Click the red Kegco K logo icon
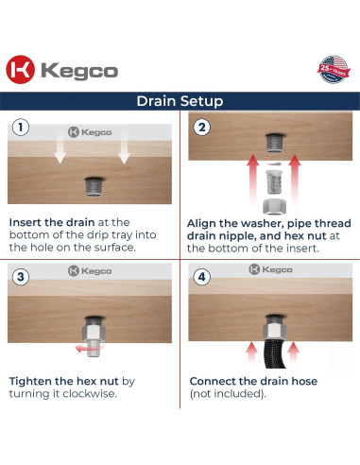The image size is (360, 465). click(21, 70)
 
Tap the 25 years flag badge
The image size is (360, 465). click(334, 70)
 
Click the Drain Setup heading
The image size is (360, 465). click(180, 101)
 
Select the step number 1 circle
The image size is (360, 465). click(21, 128)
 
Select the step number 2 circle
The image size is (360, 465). click(201, 128)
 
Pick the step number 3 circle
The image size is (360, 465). click(21, 277)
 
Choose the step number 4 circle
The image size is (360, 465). click(201, 277)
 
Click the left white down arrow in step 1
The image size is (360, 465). click(60, 147)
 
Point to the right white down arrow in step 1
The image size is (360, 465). click(124, 147)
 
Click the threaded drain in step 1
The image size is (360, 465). click(94, 186)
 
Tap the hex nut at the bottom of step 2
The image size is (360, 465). click(275, 206)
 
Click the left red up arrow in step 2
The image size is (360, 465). click(252, 180)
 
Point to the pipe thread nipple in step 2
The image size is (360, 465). click(275, 181)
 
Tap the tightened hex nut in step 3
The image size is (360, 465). click(94, 333)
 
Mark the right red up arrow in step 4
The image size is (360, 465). click(294, 353)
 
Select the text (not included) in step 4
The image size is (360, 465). click(228, 394)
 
